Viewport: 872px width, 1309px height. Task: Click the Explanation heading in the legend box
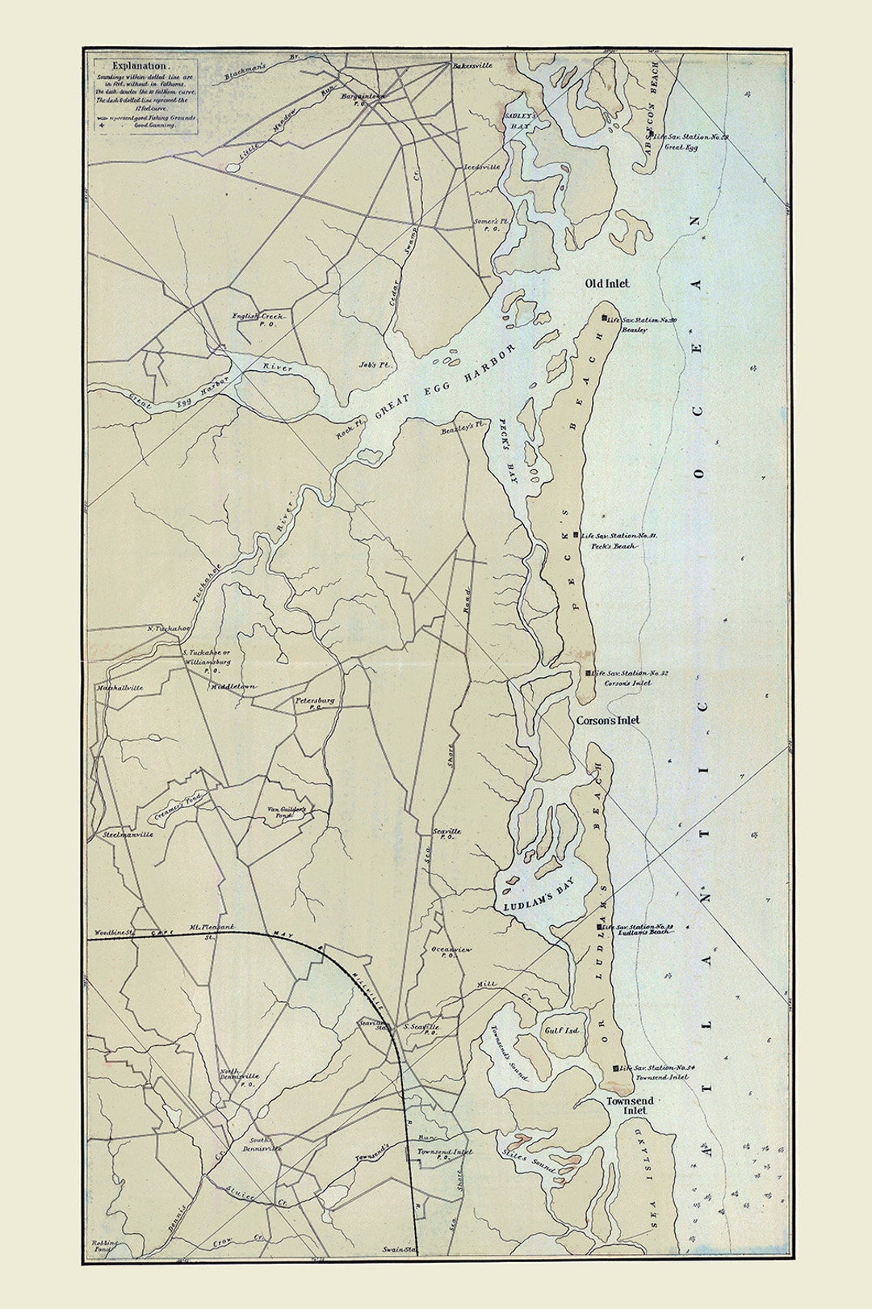(x=140, y=65)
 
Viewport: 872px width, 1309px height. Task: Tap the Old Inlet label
(x=607, y=284)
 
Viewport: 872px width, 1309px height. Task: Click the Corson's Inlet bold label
(x=607, y=720)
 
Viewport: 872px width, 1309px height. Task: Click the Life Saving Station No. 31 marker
(x=575, y=535)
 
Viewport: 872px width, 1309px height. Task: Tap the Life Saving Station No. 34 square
(x=615, y=1068)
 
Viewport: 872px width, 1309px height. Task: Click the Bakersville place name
(x=472, y=65)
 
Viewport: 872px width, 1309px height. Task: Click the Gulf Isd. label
(x=563, y=1031)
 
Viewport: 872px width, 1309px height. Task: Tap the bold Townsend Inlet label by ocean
(x=631, y=1105)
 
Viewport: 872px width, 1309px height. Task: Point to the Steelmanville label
(x=127, y=834)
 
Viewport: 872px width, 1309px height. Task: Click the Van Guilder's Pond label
(x=288, y=812)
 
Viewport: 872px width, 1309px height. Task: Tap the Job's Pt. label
(x=374, y=364)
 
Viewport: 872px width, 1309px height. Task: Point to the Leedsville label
(x=481, y=166)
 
